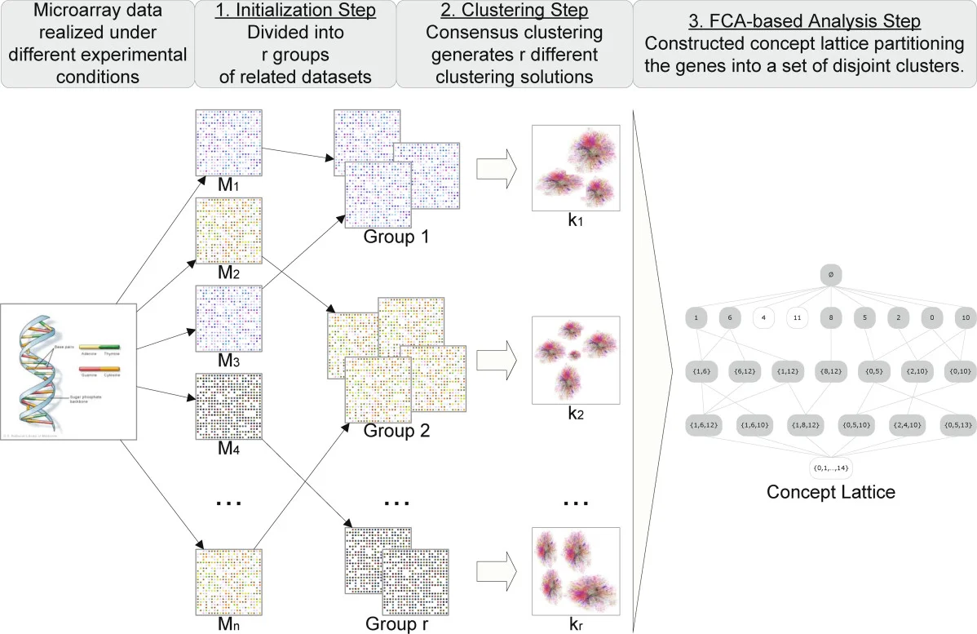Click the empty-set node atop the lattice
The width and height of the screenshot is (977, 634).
coord(829,276)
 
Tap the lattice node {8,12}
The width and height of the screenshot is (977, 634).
coord(830,371)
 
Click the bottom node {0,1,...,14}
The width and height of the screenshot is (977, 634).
coord(829,468)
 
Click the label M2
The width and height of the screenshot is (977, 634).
coord(228,273)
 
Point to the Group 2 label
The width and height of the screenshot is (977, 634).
coord(396,430)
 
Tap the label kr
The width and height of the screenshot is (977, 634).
coord(577,626)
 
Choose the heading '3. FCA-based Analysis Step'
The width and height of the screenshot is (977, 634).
coord(803,13)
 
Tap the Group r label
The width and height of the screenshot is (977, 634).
coord(396,626)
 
